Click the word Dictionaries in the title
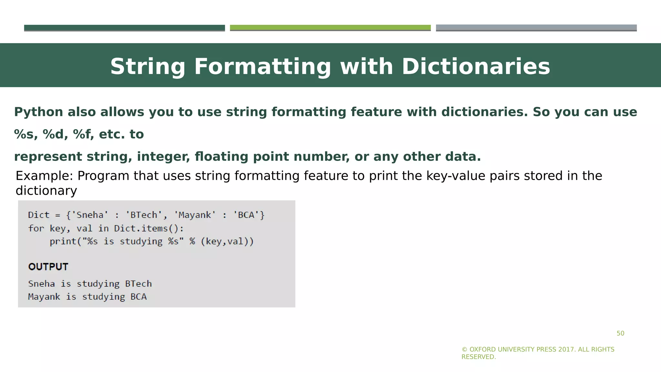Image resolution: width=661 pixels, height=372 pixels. pyautogui.click(x=476, y=67)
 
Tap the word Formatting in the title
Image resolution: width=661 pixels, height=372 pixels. pyautogui.click(x=262, y=67)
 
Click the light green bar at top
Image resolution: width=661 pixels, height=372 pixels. pyautogui.click(x=330, y=28)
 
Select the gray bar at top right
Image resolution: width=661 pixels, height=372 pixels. pyautogui.click(x=536, y=28)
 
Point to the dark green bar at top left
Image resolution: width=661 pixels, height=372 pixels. pyautogui.click(x=124, y=28)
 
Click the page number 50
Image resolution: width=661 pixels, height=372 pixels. pyautogui.click(x=620, y=334)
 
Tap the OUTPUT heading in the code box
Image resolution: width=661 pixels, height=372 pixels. pyautogui.click(x=48, y=267)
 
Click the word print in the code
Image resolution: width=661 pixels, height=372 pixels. pyautogui.click(x=63, y=242)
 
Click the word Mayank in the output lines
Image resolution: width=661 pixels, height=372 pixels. pyautogui.click(x=44, y=297)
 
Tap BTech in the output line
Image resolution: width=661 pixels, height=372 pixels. pyautogui.click(x=138, y=284)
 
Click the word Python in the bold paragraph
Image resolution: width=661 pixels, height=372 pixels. pyautogui.click(x=38, y=112)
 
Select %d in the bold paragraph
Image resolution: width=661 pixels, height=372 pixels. pyautogui.click(x=55, y=134)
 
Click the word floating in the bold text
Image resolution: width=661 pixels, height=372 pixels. pyautogui.click(x=221, y=157)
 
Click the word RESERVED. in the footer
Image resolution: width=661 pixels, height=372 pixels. pyautogui.click(x=478, y=357)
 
